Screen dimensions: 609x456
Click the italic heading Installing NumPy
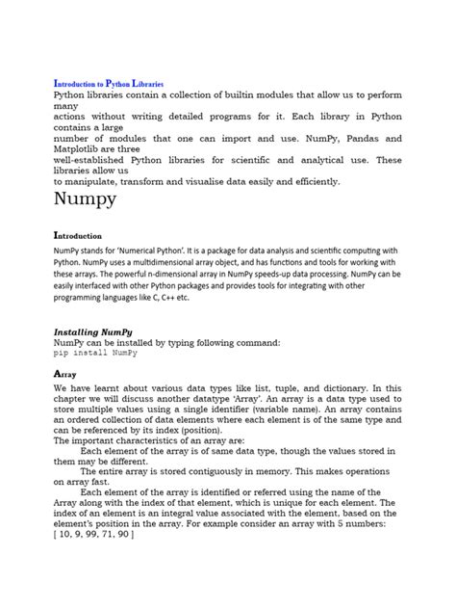[97, 331]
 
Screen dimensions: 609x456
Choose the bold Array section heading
[65, 372]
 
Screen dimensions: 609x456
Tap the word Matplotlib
[82, 149]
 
